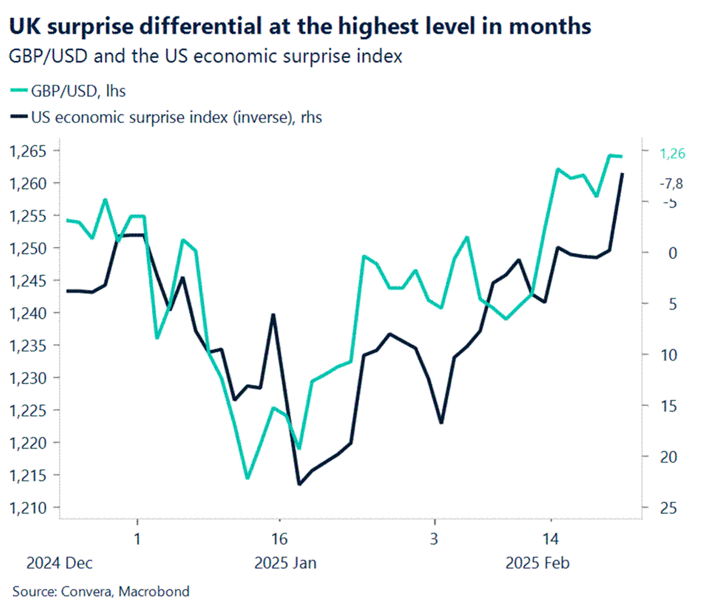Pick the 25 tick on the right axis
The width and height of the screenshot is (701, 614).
[668, 508]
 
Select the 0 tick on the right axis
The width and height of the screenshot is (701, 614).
[672, 253]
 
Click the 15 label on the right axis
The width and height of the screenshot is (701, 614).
[668, 406]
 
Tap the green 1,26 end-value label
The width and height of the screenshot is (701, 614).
[673, 153]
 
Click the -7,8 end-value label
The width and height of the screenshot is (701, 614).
[672, 184]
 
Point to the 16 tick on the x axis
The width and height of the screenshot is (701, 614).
[279, 539]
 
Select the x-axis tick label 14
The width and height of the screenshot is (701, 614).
[550, 539]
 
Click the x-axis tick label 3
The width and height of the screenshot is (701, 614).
[434, 539]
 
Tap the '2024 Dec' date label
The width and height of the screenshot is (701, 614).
[59, 563]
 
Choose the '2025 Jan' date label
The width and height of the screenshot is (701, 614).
[285, 563]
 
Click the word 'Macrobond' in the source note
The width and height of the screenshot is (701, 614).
[154, 591]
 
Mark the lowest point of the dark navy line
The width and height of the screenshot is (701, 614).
[299, 484]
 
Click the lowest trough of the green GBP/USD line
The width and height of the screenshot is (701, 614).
[248, 478]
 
